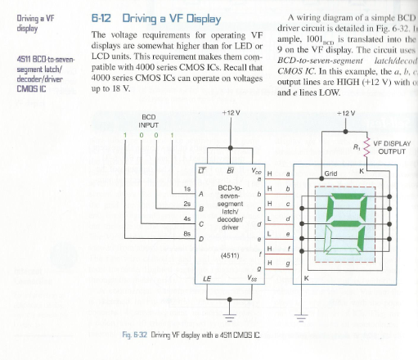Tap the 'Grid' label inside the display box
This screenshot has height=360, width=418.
(331, 173)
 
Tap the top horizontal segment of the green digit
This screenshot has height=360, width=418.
(352, 201)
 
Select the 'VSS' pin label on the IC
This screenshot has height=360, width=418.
(255, 279)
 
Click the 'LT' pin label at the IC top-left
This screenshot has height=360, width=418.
(202, 170)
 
